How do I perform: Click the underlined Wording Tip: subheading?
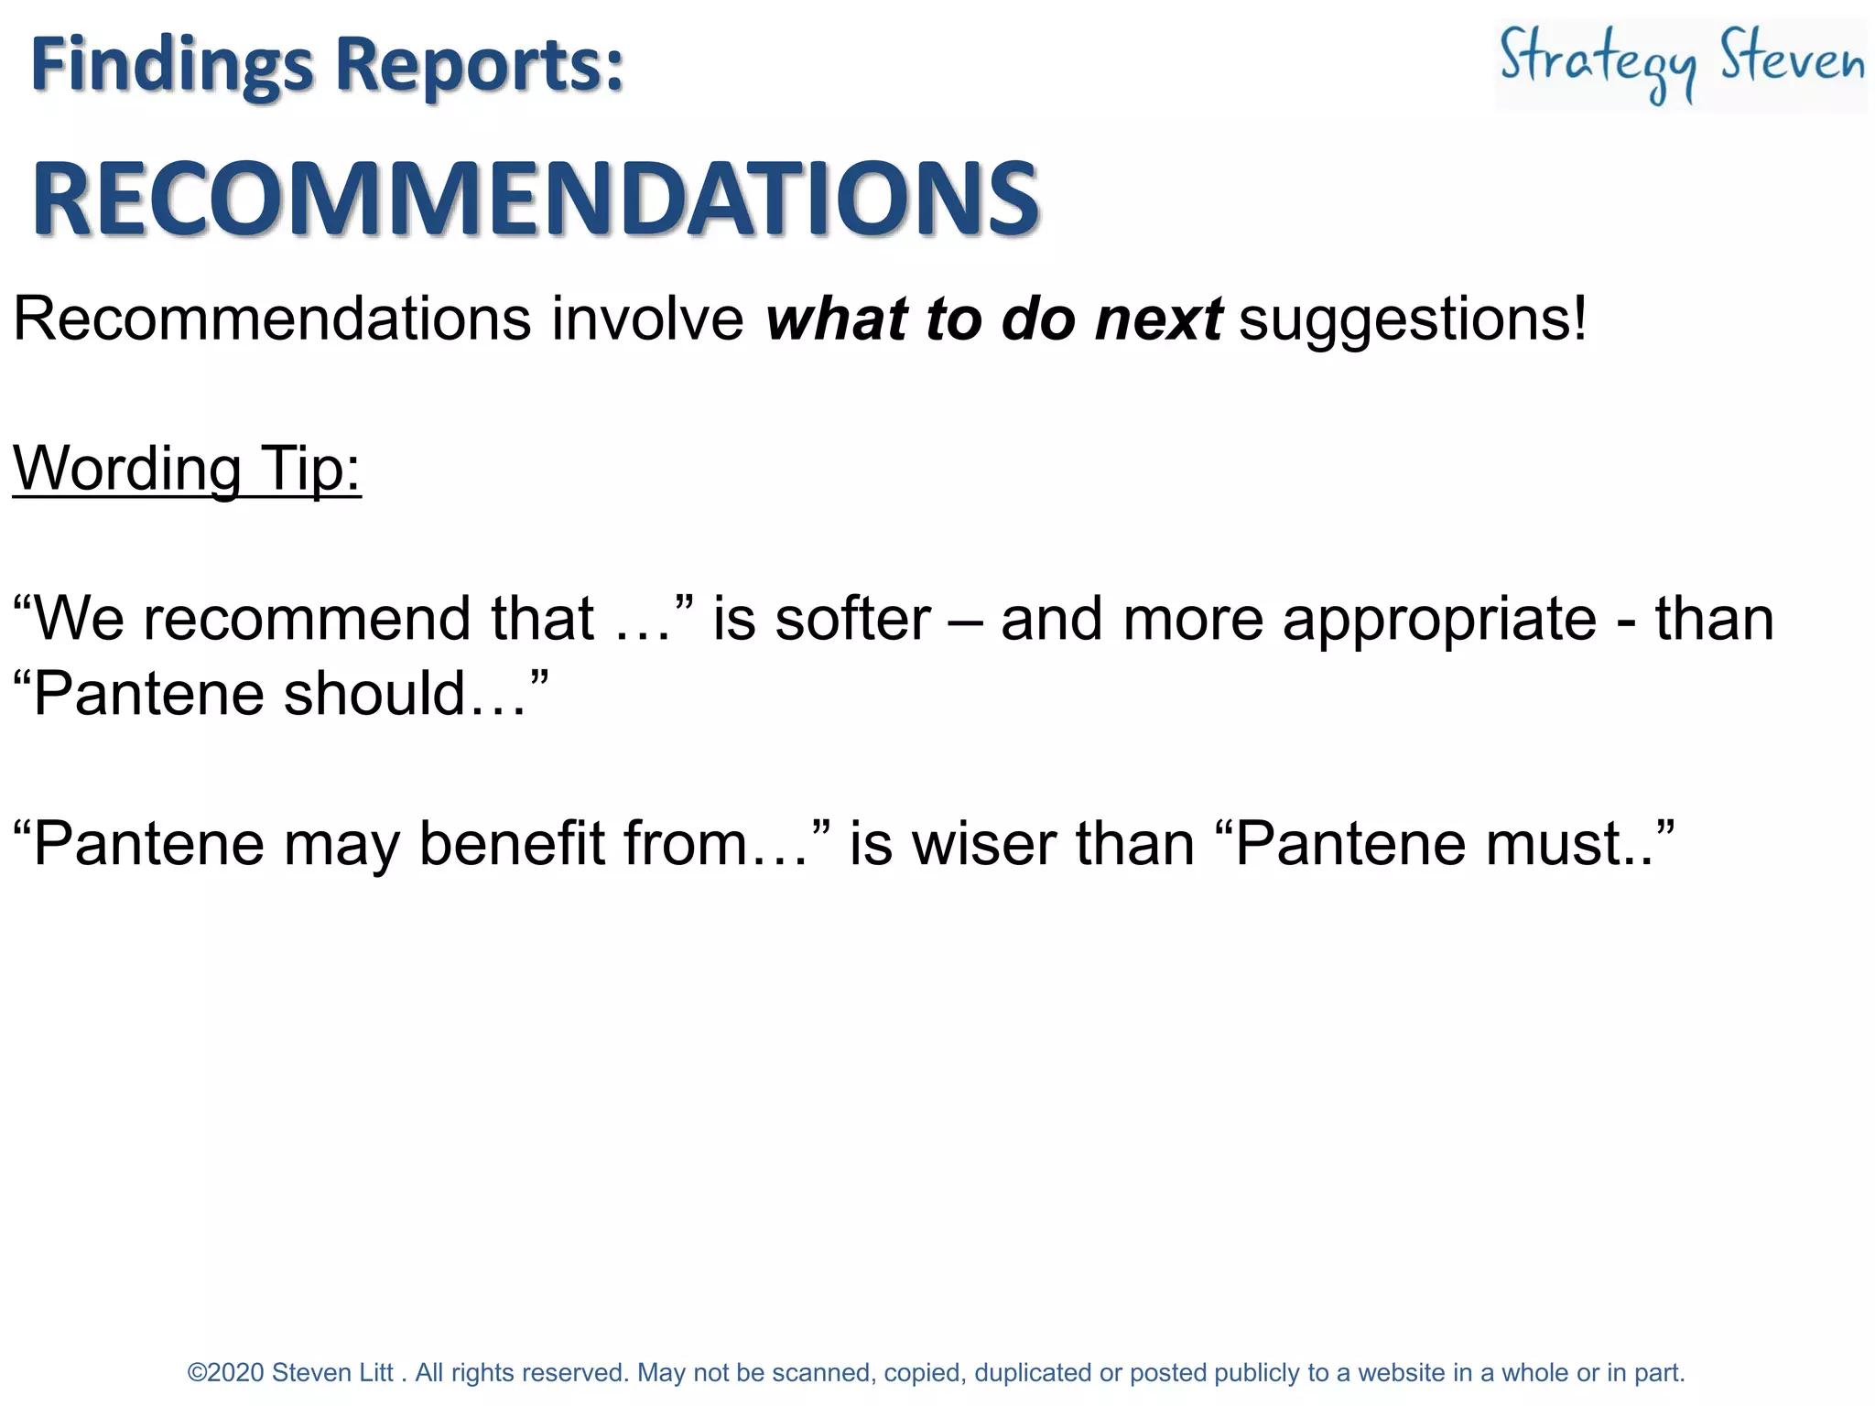point(187,468)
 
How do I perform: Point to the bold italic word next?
point(1158,319)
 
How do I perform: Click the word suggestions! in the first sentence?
point(1413,319)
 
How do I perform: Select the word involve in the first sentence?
point(647,319)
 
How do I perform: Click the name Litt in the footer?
point(376,1373)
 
